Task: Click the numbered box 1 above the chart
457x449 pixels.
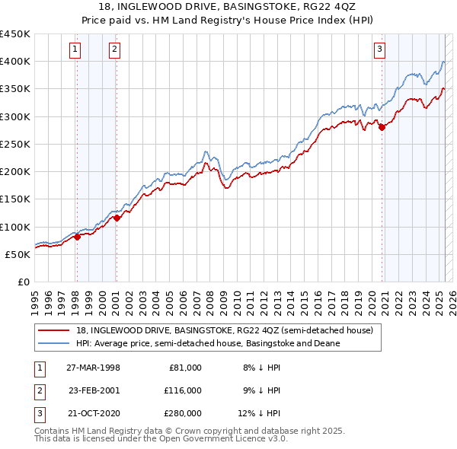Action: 76,50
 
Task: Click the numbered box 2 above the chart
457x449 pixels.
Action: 114,50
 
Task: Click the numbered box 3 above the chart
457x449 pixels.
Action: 379,50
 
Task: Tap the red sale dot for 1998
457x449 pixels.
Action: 77,237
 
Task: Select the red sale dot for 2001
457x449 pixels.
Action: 117,218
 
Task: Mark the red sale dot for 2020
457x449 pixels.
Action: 382,128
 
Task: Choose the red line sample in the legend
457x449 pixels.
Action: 54,331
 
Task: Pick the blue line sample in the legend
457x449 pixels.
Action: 54,343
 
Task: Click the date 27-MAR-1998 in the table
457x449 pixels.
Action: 93,368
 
